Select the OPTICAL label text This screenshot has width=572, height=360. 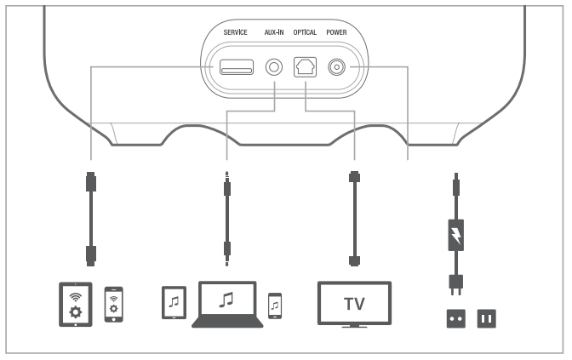tap(306, 32)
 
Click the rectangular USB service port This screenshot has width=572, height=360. tap(235, 66)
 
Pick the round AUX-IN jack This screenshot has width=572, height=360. tap(274, 66)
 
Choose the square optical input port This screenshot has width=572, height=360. tap(305, 66)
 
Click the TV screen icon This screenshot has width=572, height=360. tap(354, 304)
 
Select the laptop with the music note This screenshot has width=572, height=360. tap(227, 305)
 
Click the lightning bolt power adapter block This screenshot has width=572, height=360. tap(456, 235)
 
